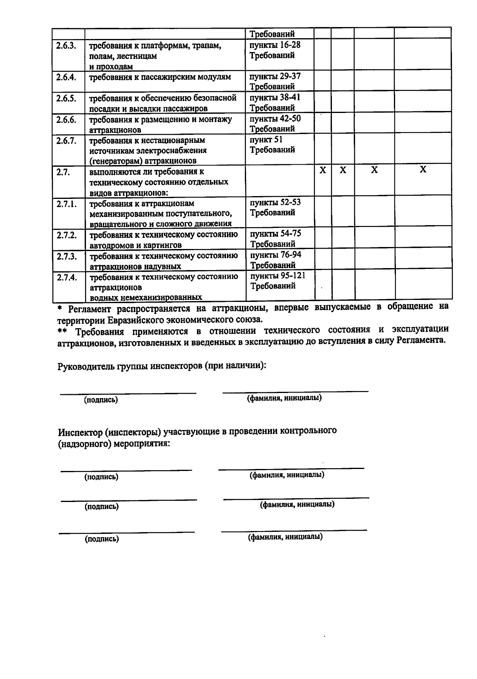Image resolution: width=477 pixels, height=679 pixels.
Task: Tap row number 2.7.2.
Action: coord(66,235)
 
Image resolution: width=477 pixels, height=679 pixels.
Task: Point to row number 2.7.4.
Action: coord(66,277)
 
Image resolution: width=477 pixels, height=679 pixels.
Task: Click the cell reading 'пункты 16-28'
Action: coord(275,45)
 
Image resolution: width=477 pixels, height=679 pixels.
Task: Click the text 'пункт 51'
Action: coord(266,140)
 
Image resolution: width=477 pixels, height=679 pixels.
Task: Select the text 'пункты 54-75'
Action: coord(275,233)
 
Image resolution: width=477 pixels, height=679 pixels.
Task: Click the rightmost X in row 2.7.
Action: coord(423,170)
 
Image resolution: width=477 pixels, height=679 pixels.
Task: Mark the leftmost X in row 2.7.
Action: coord(323,170)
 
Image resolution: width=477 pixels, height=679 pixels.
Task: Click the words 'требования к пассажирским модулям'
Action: coord(160,77)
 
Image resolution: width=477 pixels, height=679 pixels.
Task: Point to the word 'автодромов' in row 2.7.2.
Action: coord(109,245)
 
